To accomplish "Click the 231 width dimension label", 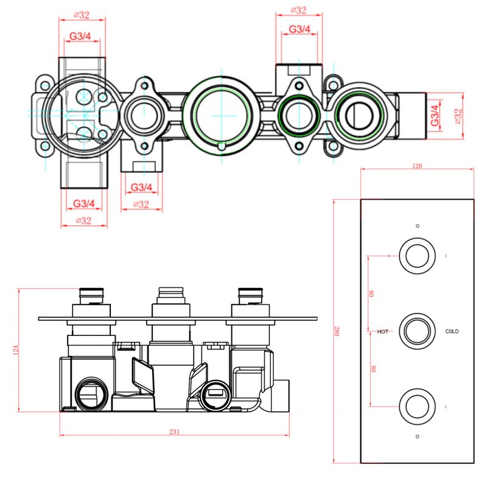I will tap(174, 432).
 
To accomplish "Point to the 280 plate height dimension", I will tap(336, 331).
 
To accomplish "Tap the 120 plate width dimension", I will tap(418, 166).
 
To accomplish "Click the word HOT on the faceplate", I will tap(383, 332).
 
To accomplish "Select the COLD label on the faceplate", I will tap(452, 332).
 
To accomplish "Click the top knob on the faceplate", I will tap(417, 255).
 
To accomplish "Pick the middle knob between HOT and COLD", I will tap(417, 332).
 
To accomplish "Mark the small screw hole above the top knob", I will tap(417, 226).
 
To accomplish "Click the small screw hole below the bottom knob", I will tap(417, 436).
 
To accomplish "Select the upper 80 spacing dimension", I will tap(371, 293).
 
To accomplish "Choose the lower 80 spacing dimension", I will tap(371, 369).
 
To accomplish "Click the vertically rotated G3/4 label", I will tap(435, 115).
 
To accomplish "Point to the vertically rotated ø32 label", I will tap(458, 116).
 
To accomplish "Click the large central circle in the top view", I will tap(220, 114).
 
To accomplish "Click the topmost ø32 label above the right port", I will tap(298, 10).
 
